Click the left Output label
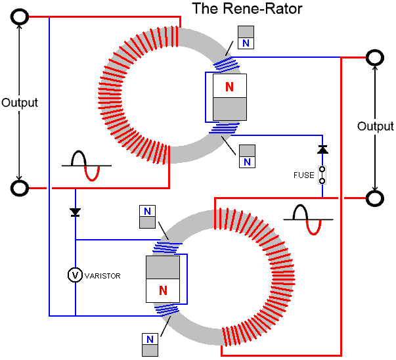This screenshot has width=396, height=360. click(20, 103)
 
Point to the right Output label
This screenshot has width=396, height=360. click(376, 126)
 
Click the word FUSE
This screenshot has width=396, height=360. click(304, 175)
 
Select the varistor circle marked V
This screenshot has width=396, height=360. click(76, 276)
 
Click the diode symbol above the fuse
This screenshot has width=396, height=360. click(322, 150)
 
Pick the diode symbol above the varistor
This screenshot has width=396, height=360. click(76, 212)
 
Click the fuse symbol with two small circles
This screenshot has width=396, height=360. click(322, 175)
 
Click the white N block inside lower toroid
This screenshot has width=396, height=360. click(162, 290)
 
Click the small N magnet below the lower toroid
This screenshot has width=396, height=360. click(148, 344)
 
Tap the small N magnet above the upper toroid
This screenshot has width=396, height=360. click(246, 37)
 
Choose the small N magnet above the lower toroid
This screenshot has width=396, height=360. click(148, 215)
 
